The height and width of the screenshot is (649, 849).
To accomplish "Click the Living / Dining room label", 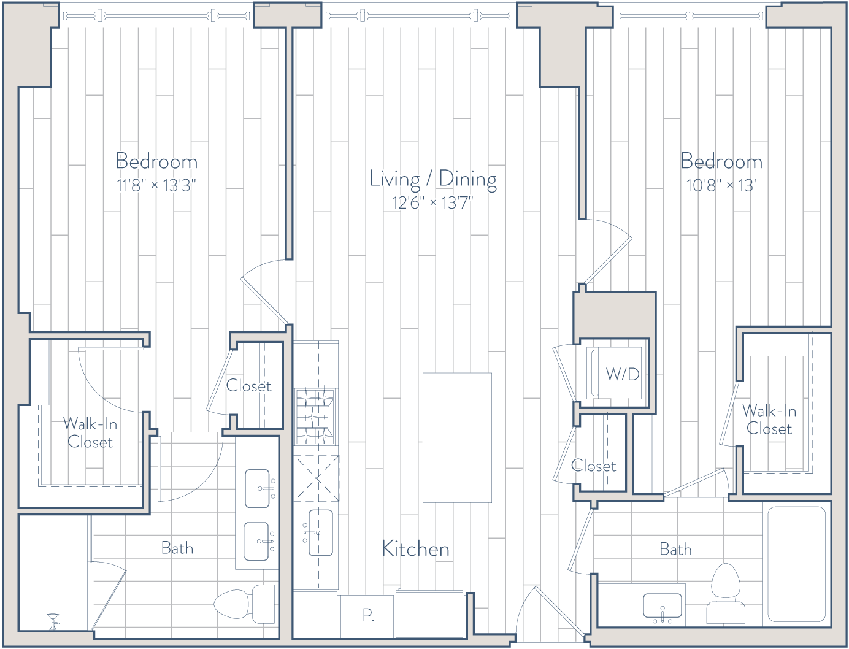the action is coord(433,180).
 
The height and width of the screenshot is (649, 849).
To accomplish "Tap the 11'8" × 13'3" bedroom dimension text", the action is coord(156,186).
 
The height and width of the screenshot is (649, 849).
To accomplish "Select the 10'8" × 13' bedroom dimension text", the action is coord(721,186).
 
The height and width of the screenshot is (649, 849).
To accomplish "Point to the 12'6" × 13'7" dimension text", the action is coord(433,202).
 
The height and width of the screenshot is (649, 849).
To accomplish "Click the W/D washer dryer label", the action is coord(623,374).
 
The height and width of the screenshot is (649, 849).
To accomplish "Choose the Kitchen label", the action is coord(415,549).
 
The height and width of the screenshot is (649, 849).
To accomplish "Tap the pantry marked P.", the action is coord(368,615).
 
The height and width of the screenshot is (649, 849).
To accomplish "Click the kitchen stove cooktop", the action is coord(315,417).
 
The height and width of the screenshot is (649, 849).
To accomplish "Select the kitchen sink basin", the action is coord(320,532).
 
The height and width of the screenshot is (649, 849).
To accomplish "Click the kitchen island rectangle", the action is coord(457,437).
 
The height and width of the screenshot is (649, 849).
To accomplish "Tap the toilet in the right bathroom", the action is coord(726,593).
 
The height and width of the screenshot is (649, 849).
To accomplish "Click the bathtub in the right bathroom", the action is coord(797,564).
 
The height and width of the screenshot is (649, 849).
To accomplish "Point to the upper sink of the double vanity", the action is coord(258,488).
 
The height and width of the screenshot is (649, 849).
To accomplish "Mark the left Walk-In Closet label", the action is coord(90,433).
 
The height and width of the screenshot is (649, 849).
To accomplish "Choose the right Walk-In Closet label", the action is coord(769,420).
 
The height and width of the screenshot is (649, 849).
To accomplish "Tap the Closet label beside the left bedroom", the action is coord(248,386).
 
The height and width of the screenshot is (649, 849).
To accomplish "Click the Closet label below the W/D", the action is coord(593,466).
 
